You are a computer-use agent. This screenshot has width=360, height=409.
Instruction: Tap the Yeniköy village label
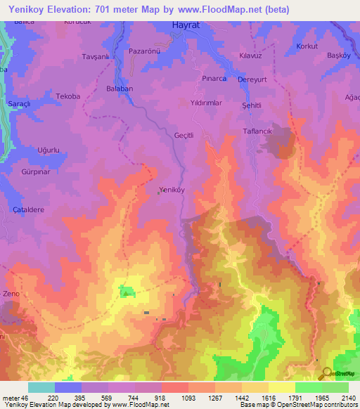click(x=172, y=190)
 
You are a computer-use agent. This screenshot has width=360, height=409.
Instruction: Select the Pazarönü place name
click(x=145, y=51)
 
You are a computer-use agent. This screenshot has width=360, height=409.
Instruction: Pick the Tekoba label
click(x=68, y=96)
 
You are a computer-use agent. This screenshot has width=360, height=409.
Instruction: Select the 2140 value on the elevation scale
click(x=348, y=398)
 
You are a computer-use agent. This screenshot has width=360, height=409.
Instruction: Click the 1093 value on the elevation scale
click(x=169, y=398)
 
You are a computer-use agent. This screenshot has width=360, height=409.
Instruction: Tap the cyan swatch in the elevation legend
click(x=41, y=387)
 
